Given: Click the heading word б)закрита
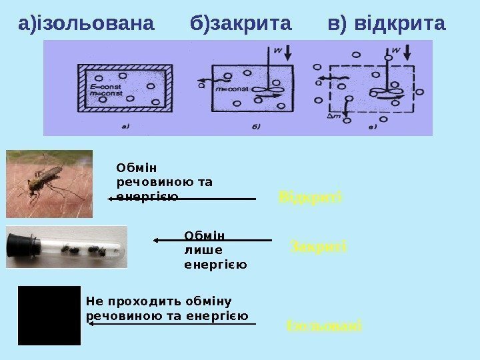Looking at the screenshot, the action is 241,25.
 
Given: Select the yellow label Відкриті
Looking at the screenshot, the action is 309,197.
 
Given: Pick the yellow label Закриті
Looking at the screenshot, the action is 319,248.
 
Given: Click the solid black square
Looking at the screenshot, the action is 49,315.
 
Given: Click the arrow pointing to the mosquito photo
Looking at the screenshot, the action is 182,199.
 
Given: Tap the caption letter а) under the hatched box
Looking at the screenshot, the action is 125,125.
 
